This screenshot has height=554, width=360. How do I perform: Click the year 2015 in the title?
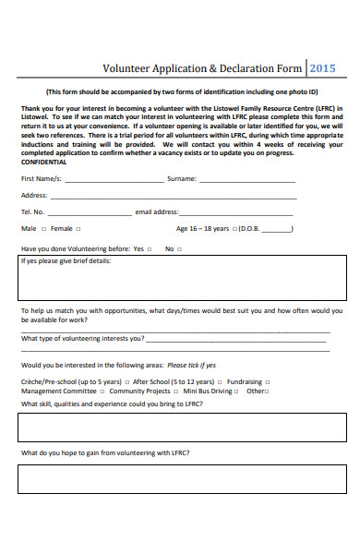(323, 67)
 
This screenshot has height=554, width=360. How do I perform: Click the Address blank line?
(174, 198)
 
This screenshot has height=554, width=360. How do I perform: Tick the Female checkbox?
(78, 229)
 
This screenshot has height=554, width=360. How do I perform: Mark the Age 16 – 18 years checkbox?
(235, 229)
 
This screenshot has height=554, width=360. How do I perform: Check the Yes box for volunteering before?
(150, 249)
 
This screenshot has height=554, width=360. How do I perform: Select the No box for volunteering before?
(180, 249)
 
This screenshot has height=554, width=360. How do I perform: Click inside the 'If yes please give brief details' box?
(183, 282)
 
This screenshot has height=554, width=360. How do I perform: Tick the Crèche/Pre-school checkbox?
(126, 381)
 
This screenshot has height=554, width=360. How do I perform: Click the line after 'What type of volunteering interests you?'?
(236, 349)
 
